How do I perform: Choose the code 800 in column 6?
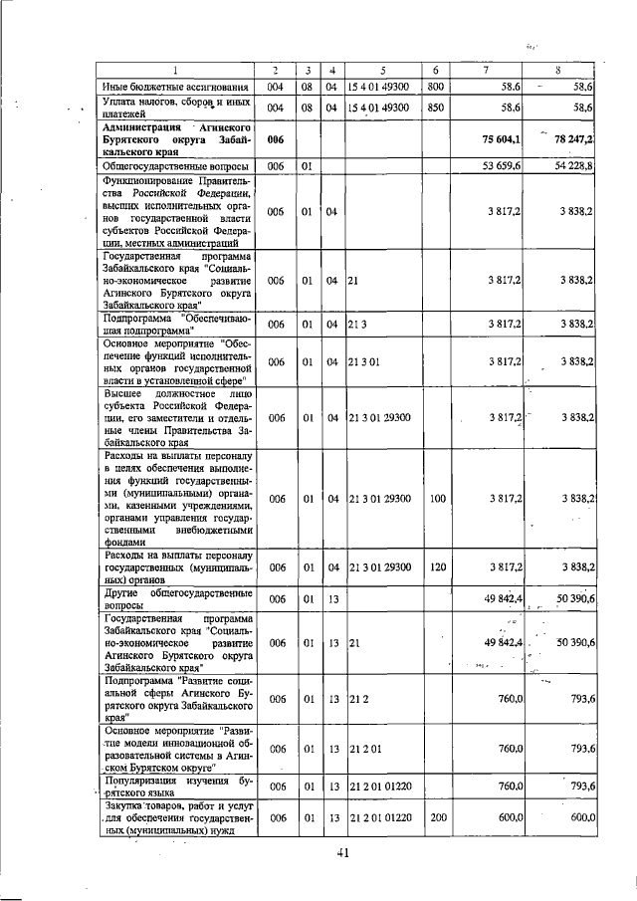(x=435, y=89)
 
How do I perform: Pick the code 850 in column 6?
(x=435, y=108)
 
